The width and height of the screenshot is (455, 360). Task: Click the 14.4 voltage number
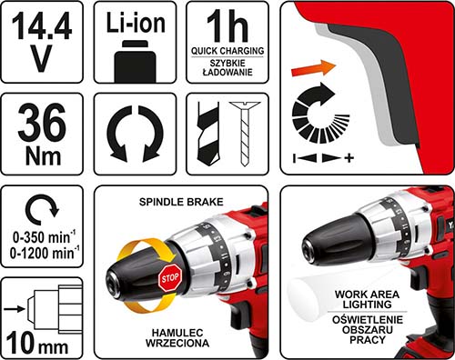coord(42,25)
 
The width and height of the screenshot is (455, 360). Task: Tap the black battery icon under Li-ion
coord(136,61)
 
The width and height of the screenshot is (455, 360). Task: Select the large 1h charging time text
coord(227,25)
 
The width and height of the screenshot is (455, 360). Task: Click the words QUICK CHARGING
coord(227,51)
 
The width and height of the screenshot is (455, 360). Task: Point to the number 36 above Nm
coord(42,122)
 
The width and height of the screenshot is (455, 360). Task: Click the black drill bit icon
coord(208,133)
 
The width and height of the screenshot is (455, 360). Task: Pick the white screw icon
coord(245,134)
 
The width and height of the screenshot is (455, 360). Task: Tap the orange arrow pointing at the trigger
coord(313,68)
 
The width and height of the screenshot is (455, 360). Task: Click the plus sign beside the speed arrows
coord(349,158)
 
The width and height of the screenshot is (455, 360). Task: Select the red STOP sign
coord(170,278)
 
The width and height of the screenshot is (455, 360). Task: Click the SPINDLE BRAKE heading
coord(181,202)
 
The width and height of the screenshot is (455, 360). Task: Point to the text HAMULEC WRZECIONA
coord(177,338)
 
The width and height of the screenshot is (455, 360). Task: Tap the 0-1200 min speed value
coord(45,253)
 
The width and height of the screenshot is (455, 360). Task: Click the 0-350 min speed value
coord(44,237)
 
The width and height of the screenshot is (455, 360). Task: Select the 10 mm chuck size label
coord(37,344)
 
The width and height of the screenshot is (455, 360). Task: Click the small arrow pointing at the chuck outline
coord(15,309)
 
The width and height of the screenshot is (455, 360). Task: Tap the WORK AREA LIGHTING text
coord(367,299)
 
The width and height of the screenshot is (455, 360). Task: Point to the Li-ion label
coord(136,23)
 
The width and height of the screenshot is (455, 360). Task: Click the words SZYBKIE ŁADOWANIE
coord(227,67)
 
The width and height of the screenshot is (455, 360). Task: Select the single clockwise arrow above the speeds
coord(42,208)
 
